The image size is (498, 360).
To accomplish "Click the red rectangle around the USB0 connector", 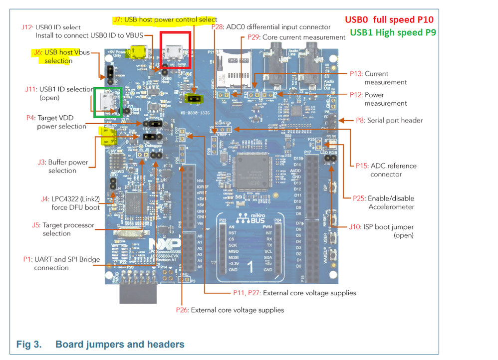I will point(175,50).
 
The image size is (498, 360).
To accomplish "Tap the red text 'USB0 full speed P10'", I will point(389,20).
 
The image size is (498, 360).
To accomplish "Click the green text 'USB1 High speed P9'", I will point(392,32).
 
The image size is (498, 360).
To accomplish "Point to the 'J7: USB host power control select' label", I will point(165,19).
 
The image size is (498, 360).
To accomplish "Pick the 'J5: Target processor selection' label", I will point(63,229).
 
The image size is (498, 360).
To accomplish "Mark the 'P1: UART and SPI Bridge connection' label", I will point(61,263).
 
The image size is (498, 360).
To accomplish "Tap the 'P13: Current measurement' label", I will point(385,78).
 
